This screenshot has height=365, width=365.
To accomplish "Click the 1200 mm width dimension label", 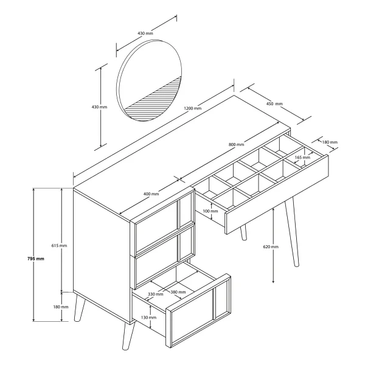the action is point(192,108).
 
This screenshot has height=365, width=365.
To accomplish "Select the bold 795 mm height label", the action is point(36,259).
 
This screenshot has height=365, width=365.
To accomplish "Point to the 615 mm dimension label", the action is point(59,246).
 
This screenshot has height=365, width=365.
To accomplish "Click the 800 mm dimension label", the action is point(236,145).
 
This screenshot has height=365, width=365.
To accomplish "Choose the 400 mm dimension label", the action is point(151,194).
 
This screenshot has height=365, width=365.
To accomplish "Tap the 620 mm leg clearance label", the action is point(271,247).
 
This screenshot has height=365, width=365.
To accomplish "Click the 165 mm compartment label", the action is point(302,158).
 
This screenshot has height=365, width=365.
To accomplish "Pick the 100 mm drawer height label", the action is point(210,211).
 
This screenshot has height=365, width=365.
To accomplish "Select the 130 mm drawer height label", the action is point(149,318).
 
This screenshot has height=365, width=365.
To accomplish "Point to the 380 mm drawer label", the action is point(178,292).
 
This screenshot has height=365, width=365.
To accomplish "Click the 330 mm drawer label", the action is point(156,294).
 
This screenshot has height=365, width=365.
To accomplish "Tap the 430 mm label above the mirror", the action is point(145,33).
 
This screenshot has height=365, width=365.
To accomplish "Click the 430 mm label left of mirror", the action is point(99,107).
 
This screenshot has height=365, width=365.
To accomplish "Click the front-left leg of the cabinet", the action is point(128,336).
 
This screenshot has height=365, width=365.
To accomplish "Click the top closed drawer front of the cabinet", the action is point(164,225).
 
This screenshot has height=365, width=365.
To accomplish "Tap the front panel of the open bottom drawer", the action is point(198,311).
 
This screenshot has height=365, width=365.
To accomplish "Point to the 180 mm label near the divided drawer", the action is point(330,142).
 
